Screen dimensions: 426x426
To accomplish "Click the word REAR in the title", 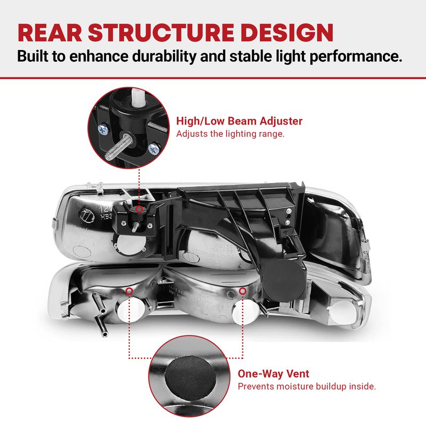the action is pyautogui.click(x=50, y=32).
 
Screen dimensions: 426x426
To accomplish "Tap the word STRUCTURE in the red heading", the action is pyautogui.click(x=161, y=32).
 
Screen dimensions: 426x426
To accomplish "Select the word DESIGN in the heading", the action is pyautogui.click(x=287, y=32).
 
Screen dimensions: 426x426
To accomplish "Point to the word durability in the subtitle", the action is pyautogui.click(x=163, y=56).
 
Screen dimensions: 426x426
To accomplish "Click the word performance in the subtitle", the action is pyautogui.click(x=356, y=56).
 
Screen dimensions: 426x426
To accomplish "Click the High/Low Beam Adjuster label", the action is pyautogui.click(x=239, y=121).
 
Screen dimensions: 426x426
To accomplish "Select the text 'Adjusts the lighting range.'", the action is pyautogui.click(x=230, y=134).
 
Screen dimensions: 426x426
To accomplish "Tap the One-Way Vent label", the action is pyautogui.click(x=273, y=374).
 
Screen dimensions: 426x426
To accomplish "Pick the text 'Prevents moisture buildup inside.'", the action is pyautogui.click(x=307, y=386).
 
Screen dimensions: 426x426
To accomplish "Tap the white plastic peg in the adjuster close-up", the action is pyautogui.click(x=138, y=97).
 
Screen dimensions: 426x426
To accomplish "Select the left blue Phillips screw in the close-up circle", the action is pyautogui.click(x=103, y=130).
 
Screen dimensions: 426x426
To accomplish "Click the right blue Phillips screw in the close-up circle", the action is pyautogui.click(x=154, y=149).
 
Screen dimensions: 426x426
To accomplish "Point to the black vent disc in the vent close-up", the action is pyautogui.click(x=191, y=378).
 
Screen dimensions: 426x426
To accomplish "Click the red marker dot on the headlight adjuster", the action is pyautogui.click(x=139, y=209).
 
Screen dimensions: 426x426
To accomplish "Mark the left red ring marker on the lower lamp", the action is pyautogui.click(x=129, y=291).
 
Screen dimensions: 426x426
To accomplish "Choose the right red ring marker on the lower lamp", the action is pyautogui.click(x=243, y=291).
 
